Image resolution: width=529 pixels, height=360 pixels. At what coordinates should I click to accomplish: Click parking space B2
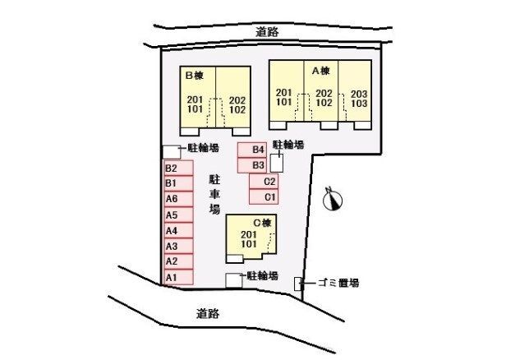(x=178, y=168)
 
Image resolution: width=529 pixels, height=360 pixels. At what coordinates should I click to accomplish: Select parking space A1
(x=178, y=278)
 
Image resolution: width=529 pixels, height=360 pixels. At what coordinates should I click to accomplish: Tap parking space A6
(x=178, y=199)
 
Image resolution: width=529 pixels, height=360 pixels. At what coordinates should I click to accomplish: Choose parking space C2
(x=264, y=182)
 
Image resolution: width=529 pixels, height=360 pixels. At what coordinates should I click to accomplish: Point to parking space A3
(x=178, y=246)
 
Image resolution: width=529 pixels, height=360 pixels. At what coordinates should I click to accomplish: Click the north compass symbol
(x=334, y=199)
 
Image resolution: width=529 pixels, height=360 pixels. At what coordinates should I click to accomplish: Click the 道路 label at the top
(x=267, y=31)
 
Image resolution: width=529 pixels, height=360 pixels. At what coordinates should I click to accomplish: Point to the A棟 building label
(x=320, y=71)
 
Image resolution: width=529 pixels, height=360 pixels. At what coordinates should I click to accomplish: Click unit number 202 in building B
(x=237, y=99)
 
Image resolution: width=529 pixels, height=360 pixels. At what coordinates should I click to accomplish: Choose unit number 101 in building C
(x=249, y=245)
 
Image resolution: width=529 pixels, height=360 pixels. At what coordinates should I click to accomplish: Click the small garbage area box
(x=298, y=284)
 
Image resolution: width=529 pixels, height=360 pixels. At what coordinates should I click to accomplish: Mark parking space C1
(x=264, y=197)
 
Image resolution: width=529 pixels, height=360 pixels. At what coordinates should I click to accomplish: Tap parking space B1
(x=178, y=182)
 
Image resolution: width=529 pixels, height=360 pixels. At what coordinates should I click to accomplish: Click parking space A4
(x=178, y=230)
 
